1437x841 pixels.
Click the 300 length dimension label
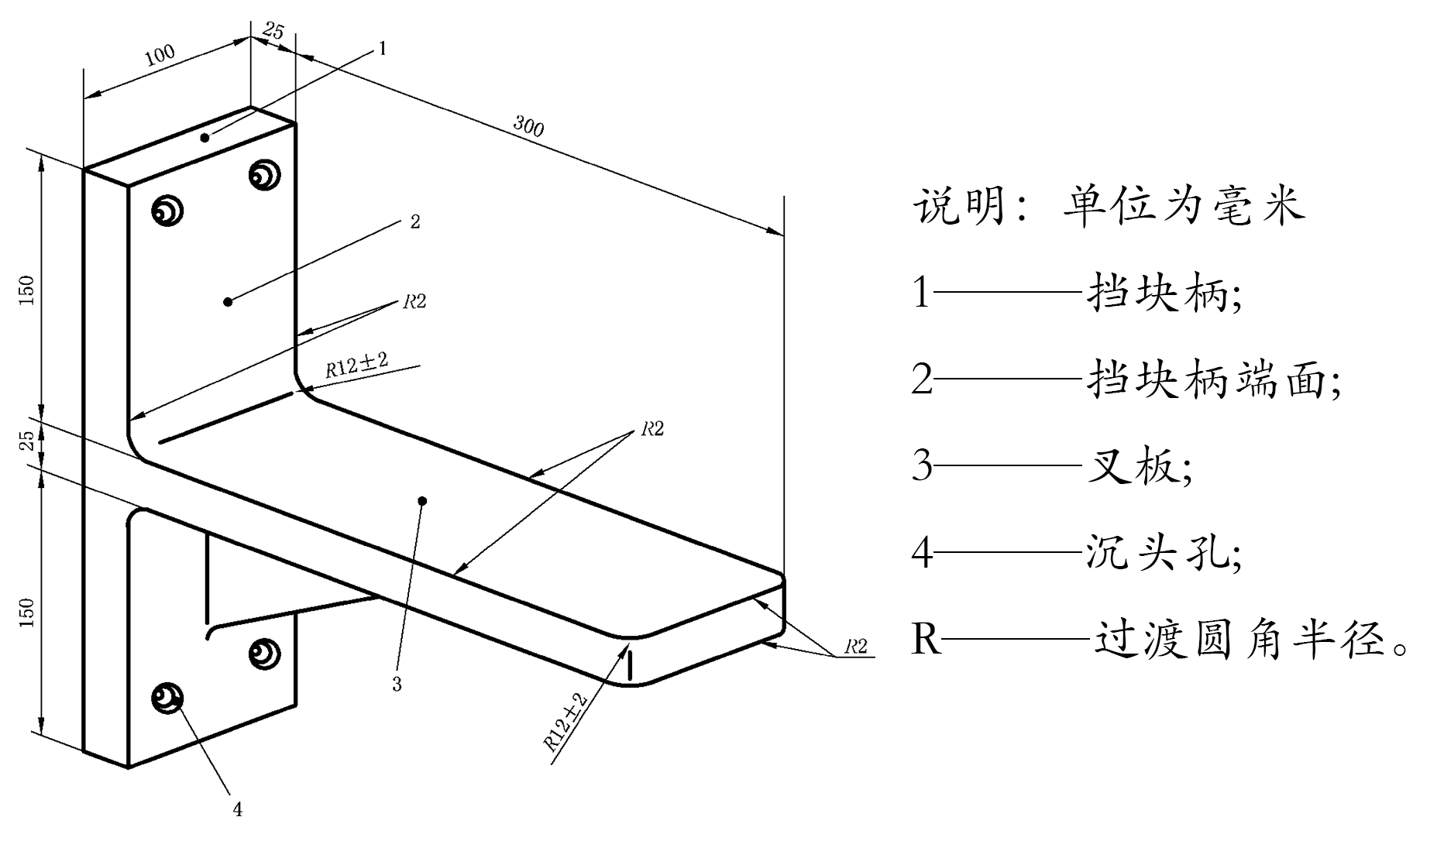(x=528, y=125)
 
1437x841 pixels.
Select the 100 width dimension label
(x=160, y=55)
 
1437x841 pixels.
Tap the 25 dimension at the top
(x=273, y=32)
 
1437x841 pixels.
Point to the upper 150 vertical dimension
(x=27, y=290)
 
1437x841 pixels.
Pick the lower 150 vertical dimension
(x=27, y=612)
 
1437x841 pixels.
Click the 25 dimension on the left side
(x=27, y=440)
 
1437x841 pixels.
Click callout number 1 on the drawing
(x=381, y=48)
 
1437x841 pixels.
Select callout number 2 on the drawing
(x=415, y=221)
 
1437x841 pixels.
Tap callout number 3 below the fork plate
(x=397, y=685)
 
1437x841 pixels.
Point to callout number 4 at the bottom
(x=238, y=810)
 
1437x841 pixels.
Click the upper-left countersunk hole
(x=167, y=210)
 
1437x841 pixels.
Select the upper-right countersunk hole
(x=264, y=174)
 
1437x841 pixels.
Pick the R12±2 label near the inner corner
(x=356, y=363)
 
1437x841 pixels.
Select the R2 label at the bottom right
(x=855, y=647)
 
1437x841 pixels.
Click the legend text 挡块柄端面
(x=1212, y=379)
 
